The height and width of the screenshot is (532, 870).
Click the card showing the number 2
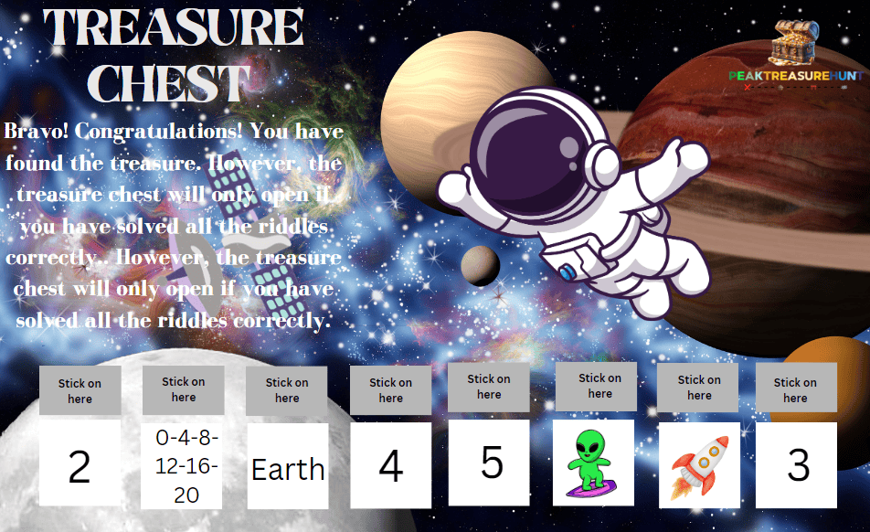pos(80,464)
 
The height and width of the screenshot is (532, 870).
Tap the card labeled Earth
pos(288,466)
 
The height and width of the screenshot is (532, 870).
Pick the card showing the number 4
pos(391,464)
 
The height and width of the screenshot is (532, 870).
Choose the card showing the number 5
pos(491,463)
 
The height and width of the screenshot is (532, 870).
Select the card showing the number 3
pos(797,465)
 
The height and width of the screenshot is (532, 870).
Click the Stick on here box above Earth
pos(287,390)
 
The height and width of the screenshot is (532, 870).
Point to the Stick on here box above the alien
pos(599,385)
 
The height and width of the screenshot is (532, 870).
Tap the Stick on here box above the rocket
pos(699,387)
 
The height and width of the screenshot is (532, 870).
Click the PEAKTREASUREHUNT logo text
pos(795,76)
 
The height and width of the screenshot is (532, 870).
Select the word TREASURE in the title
pos(174,27)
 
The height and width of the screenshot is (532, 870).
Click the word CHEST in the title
pos(174,84)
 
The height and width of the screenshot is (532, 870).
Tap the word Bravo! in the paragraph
pos(37,131)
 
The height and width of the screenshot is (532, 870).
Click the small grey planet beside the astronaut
pos(480,265)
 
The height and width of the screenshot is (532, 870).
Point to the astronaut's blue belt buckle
pos(568,271)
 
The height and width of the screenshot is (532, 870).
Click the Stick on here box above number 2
pos(80,390)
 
